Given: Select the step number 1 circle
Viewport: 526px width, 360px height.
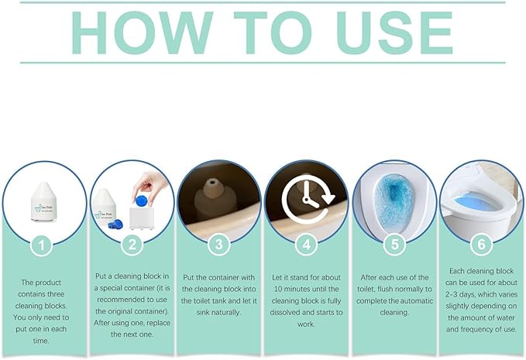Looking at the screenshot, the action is [41, 245].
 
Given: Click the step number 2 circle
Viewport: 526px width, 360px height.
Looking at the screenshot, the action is [132, 245].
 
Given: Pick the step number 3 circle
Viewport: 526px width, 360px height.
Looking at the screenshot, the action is [218, 245].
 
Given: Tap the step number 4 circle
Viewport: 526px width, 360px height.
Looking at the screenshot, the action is [306, 245].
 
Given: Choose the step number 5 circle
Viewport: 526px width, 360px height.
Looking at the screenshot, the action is [394, 245].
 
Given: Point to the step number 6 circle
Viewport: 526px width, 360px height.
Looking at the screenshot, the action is [481, 245].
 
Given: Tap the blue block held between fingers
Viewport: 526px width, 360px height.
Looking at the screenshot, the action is [140, 201].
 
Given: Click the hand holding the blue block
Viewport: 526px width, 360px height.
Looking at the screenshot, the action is [150, 187].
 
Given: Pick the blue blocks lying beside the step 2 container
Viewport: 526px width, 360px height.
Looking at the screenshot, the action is [115, 224].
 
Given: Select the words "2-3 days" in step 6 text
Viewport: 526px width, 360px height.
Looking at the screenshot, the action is [460, 294].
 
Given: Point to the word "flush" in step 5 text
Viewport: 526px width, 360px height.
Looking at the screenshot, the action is [384, 289].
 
